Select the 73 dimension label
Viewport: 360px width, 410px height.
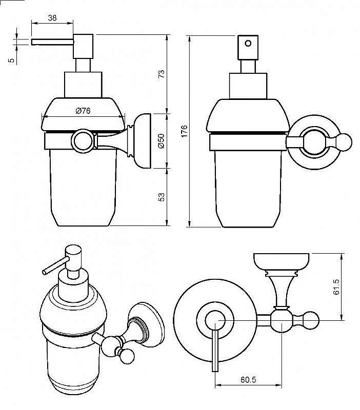161,74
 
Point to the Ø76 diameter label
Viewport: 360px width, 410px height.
83,111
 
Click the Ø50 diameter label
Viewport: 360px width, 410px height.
161,140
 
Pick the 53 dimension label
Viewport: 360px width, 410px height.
161,197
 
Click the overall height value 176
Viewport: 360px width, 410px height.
184,131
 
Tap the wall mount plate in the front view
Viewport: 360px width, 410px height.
143,140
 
